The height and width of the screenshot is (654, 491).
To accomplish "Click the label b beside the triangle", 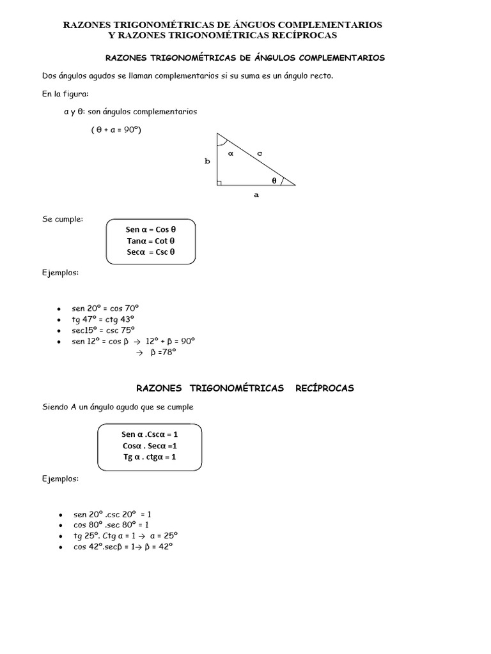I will click(207, 162).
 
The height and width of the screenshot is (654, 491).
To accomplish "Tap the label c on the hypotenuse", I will click(260, 153).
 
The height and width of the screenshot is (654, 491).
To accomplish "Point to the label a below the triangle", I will click(256, 195).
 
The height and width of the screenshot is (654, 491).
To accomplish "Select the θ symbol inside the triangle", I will click(274, 180).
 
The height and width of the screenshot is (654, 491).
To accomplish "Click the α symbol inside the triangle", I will click(231, 153).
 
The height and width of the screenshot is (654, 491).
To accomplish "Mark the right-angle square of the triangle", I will click(219, 183).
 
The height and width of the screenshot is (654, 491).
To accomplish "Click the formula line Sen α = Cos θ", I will click(150, 230).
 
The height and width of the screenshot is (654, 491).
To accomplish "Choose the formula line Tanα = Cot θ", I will click(150, 241).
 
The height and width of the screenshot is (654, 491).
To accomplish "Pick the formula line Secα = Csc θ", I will click(150, 252).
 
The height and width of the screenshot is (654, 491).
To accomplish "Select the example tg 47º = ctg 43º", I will click(103, 319).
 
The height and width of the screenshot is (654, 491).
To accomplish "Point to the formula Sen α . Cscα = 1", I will click(150, 434).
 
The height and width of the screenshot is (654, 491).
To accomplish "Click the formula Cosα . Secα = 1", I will click(150, 446).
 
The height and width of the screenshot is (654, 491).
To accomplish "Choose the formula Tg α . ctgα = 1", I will click(150, 457).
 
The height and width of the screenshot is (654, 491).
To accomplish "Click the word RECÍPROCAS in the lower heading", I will click(325, 388).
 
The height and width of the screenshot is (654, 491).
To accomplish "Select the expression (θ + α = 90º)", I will click(116, 130).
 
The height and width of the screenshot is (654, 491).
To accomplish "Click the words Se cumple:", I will click(63, 219).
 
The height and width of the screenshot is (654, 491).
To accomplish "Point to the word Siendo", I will click(56, 407).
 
